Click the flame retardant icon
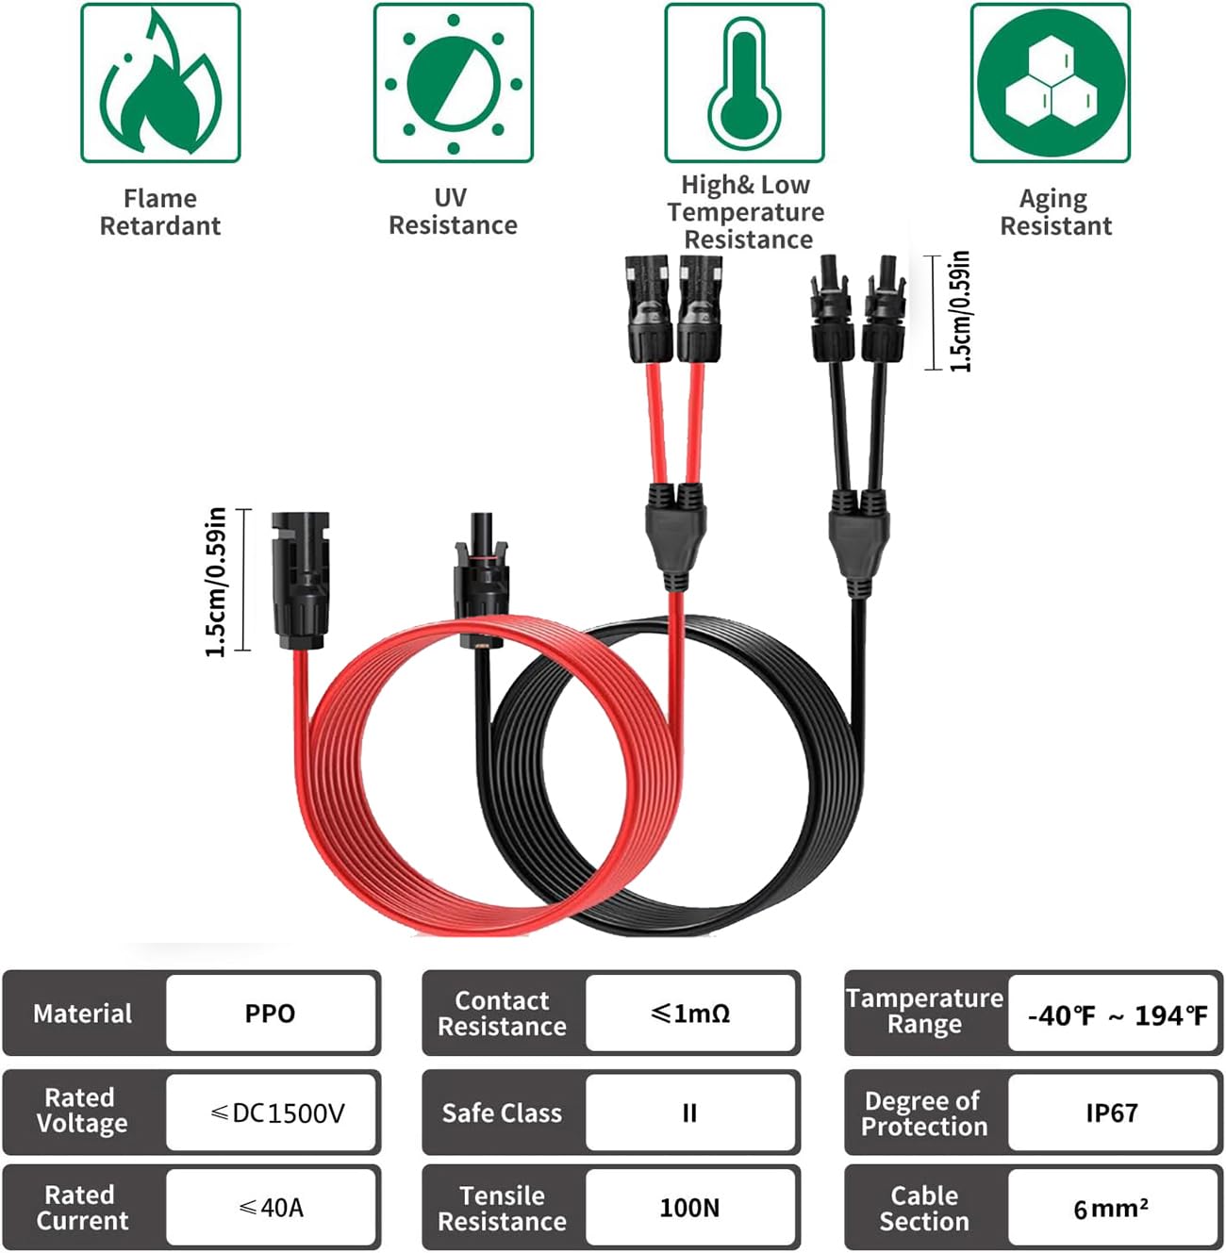click(160, 83)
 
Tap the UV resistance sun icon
click(454, 83)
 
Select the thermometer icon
click(744, 83)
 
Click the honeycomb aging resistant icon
click(1051, 83)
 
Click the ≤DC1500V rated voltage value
click(277, 1113)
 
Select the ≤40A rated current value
click(271, 1208)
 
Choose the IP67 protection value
click(1112, 1113)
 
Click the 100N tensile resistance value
click(689, 1208)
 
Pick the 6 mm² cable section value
click(1111, 1209)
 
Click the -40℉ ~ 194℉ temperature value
click(1118, 1016)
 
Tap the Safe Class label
click(502, 1113)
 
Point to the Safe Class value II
click(689, 1113)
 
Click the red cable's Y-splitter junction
click(675, 536)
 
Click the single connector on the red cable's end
click(300, 581)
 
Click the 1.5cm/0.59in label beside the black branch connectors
click(960, 312)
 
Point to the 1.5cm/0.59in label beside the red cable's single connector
click(215, 582)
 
